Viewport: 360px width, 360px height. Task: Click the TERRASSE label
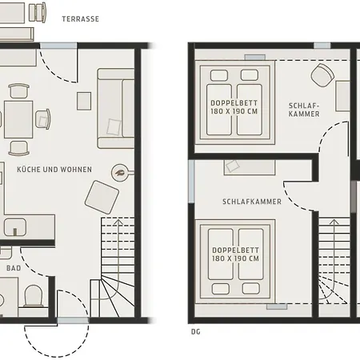tap(81, 19)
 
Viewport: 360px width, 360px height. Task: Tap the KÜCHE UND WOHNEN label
tap(54, 170)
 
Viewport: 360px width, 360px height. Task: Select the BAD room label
tap(14, 268)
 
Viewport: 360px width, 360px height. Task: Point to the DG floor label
tap(196, 332)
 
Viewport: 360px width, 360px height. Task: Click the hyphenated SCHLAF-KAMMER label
tap(304, 110)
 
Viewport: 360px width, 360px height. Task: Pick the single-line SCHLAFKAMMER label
tap(252, 202)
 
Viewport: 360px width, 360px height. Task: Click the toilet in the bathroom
tap(34, 296)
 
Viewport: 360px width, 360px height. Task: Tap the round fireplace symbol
tap(120, 173)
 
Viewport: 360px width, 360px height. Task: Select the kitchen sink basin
tap(15, 227)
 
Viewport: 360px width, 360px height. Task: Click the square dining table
tap(18, 119)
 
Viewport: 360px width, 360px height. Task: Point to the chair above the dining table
tap(18, 91)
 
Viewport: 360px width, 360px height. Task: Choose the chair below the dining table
tap(18, 148)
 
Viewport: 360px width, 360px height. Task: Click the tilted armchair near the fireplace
tap(102, 197)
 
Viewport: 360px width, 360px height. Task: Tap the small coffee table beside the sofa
tap(84, 101)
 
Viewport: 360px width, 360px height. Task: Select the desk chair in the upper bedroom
tap(322, 75)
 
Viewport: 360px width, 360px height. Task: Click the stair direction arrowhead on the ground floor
tap(118, 222)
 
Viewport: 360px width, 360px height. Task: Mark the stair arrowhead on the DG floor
tap(334, 222)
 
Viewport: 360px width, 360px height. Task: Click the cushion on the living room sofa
tap(114, 127)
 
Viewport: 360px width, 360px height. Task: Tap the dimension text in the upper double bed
tap(234, 111)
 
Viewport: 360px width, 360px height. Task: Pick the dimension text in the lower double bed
tap(235, 258)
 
